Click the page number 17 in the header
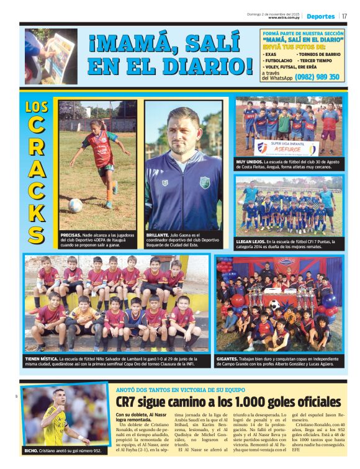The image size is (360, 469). [344, 16]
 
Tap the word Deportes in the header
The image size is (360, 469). [320, 16]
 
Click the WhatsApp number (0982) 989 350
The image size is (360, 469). [318, 77]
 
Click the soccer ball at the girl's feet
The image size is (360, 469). [75, 205]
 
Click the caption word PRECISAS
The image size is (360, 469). [70, 236]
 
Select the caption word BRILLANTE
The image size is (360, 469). [157, 236]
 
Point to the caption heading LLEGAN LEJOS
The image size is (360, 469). [250, 241]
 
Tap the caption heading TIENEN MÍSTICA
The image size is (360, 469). [42, 359]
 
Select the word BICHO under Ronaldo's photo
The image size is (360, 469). [32, 450]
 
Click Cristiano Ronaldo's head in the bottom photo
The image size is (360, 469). [58, 396]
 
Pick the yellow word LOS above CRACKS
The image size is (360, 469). [37, 107]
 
